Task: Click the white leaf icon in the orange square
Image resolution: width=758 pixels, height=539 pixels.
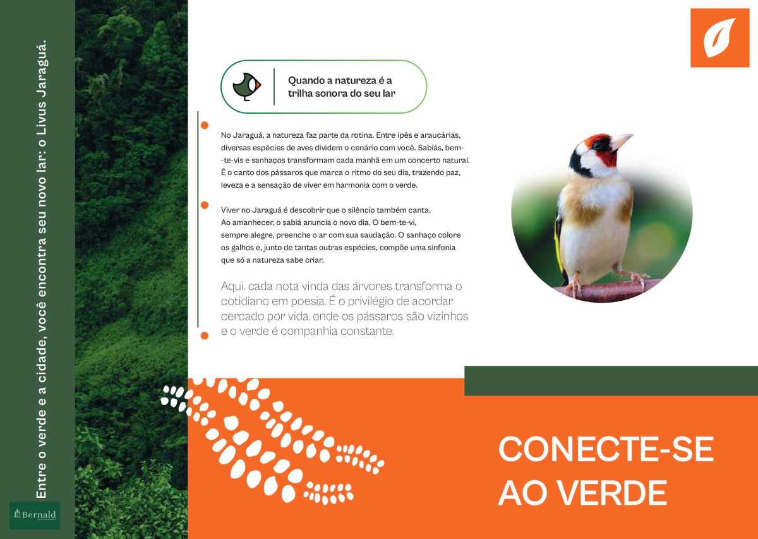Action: [x=719, y=37]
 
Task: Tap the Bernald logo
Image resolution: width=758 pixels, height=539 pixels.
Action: [x=35, y=515]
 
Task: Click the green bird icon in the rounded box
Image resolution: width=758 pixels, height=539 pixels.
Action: [x=247, y=87]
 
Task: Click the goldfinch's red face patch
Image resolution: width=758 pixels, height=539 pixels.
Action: [x=606, y=152]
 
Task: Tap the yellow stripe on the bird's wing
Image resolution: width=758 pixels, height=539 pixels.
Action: [x=558, y=244]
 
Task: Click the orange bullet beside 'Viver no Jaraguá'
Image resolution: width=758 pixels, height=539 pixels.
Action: [x=205, y=205]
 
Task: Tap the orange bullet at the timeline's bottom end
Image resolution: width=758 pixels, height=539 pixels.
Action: [x=205, y=336]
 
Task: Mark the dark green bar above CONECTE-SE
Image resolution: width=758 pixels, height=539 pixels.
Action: [x=611, y=380]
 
